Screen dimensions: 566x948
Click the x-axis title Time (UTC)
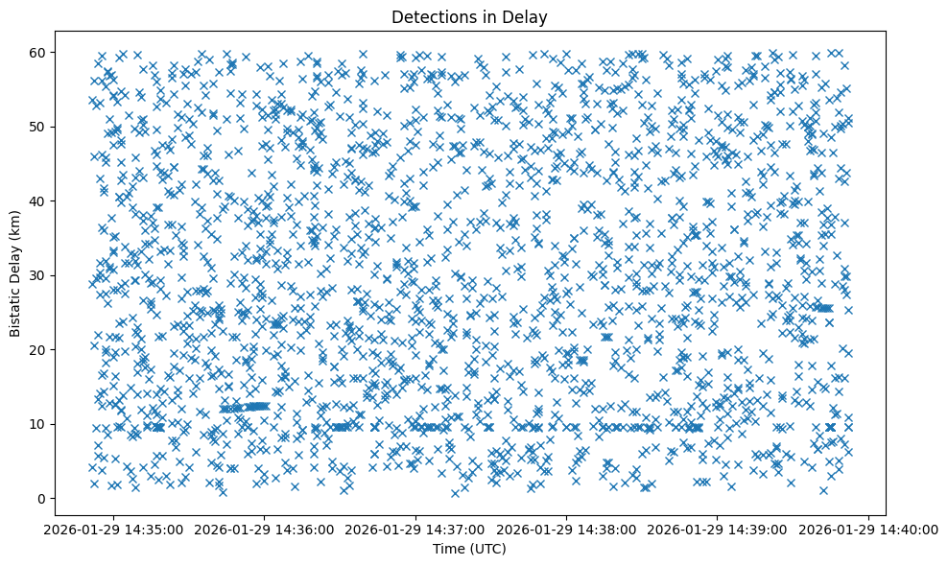pyautogui.click(x=470, y=549)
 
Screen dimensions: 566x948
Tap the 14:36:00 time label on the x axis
pyautogui.click(x=265, y=529)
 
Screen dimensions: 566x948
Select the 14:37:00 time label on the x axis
pyautogui.click(x=416, y=529)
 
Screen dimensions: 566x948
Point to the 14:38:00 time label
pyautogui.click(x=567, y=529)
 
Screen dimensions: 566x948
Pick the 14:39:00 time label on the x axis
pyautogui.click(x=719, y=529)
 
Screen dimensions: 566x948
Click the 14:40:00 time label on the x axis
pyautogui.click(x=869, y=529)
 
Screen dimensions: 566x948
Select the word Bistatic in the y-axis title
pyautogui.click(x=15, y=312)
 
